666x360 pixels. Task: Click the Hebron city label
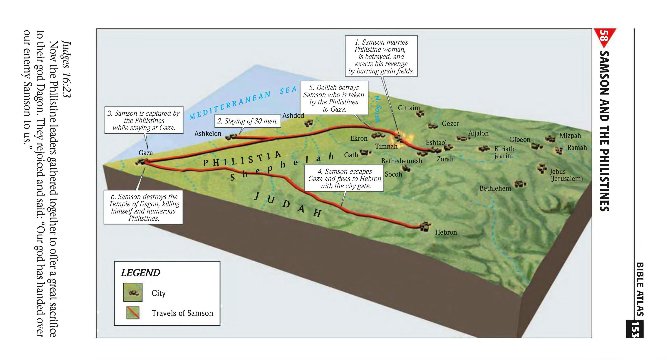click(x=446, y=232)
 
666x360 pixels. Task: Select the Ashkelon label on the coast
click(x=208, y=134)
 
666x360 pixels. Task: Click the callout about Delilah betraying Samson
click(x=334, y=98)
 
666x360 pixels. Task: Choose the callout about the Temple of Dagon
click(x=143, y=207)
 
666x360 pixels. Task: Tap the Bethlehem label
click(x=495, y=188)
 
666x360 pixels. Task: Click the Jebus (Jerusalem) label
click(x=566, y=175)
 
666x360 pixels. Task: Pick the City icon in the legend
click(x=133, y=292)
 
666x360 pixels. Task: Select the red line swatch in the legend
click(x=133, y=312)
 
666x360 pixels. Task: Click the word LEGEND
click(x=140, y=273)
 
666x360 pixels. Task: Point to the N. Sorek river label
click(x=377, y=109)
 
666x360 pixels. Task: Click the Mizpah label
click(x=570, y=136)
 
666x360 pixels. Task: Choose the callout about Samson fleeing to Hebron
click(x=344, y=179)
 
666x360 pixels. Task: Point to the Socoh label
click(x=393, y=174)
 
